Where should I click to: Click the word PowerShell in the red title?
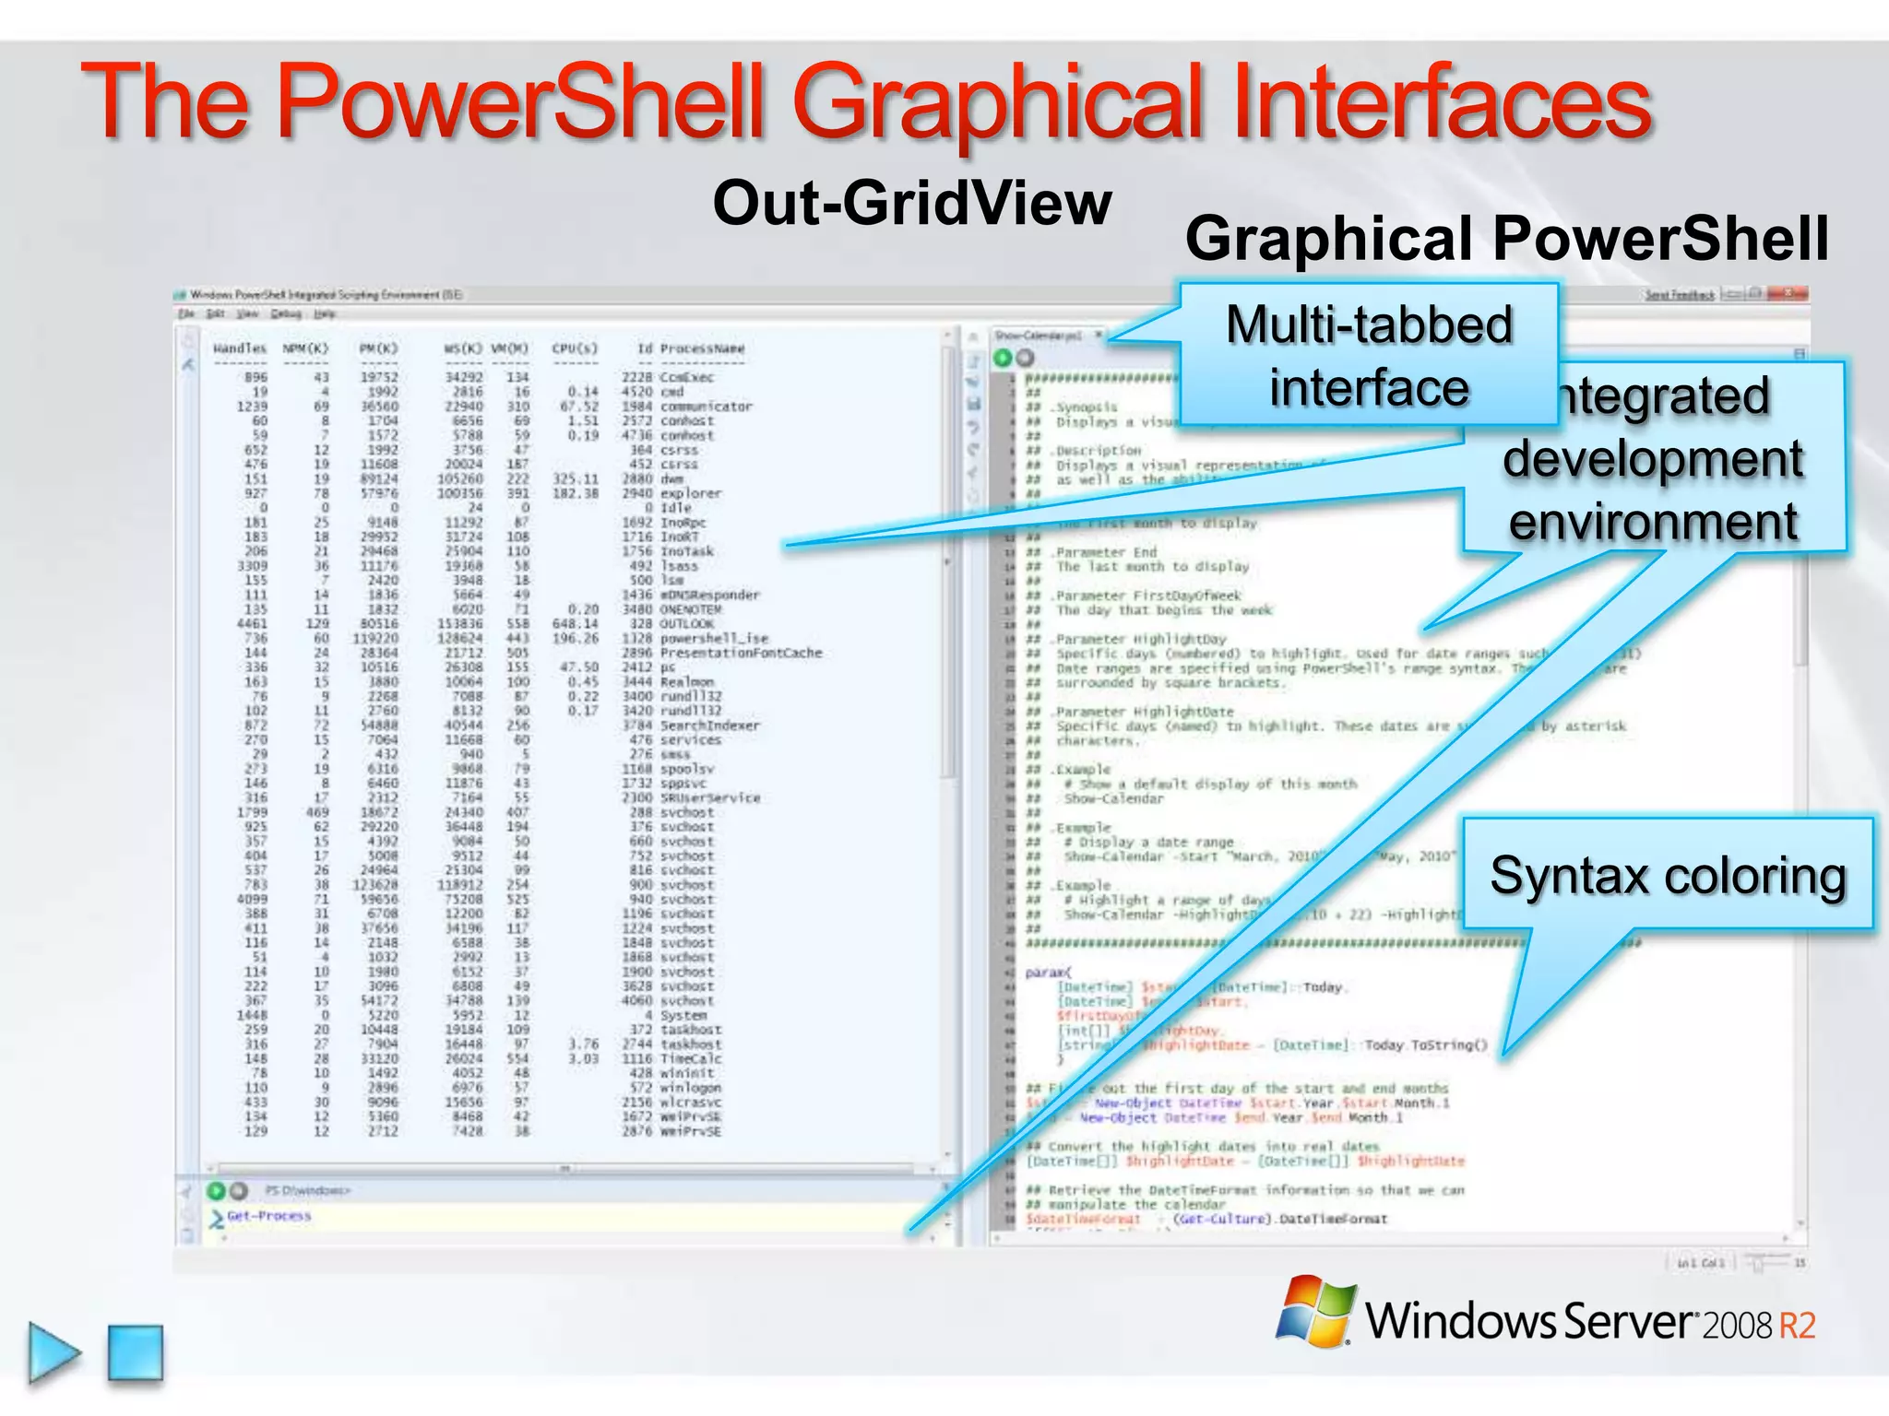pos(521,101)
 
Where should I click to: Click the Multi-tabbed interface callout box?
pos(1369,355)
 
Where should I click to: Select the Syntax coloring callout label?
pos(1668,875)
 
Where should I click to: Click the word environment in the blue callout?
pos(1653,522)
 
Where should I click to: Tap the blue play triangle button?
pos(53,1352)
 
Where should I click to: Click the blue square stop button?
pos(136,1353)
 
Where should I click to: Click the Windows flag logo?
pos(1316,1311)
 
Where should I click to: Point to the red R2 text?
pos(1797,1326)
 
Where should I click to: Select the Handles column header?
pos(240,348)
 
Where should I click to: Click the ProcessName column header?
pos(702,348)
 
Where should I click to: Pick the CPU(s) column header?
pos(575,348)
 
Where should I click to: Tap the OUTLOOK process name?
pos(687,624)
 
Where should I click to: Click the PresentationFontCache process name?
pos(741,653)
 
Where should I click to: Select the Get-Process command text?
pos(269,1216)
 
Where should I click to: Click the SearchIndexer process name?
pos(710,726)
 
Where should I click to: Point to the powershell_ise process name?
pos(714,638)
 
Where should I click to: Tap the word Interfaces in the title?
pos(1440,101)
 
